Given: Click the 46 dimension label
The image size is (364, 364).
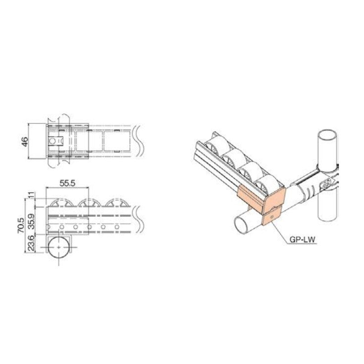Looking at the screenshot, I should click(25, 141).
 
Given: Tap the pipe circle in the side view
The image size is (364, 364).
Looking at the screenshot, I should click(58, 245).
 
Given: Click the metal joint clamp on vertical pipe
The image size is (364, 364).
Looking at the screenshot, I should click(327, 179).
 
